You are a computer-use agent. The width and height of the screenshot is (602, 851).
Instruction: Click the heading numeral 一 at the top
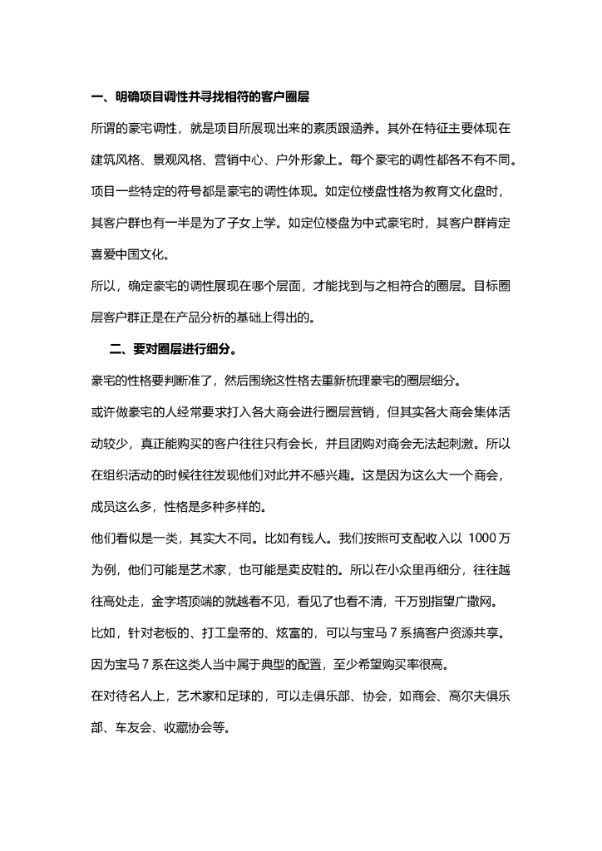click(96, 98)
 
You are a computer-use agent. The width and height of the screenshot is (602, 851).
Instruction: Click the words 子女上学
click(249, 223)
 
